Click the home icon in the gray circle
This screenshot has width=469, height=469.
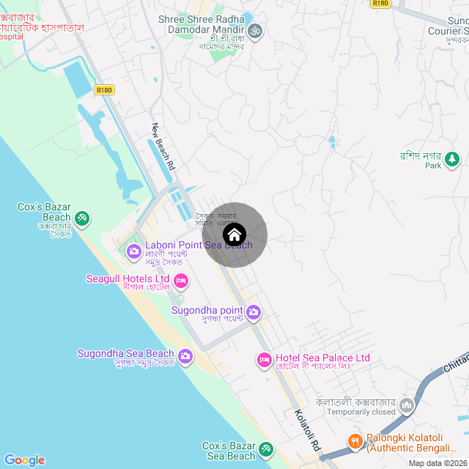coord(234,235)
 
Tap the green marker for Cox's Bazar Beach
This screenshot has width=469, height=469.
coord(83,218)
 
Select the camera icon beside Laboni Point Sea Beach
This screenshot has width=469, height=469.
coord(134,251)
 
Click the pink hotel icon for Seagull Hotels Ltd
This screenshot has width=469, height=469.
coord(181,280)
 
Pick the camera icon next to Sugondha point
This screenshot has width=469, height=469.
coord(254,313)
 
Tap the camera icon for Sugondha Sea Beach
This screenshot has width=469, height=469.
coord(185,357)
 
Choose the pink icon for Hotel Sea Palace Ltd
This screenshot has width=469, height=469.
coord(264,359)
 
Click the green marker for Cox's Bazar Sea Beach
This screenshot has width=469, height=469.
coord(266,448)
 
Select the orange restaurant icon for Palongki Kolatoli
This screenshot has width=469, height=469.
coord(355,440)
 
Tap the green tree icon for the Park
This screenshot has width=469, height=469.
coord(453,158)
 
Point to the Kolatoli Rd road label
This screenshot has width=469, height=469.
coord(307,429)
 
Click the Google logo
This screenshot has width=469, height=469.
coord(24,459)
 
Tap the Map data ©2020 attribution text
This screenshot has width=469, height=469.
coord(437,463)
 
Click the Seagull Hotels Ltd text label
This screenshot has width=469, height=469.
coord(128,278)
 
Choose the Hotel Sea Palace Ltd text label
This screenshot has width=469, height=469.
coord(322,358)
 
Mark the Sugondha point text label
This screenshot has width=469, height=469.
coord(207,310)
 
